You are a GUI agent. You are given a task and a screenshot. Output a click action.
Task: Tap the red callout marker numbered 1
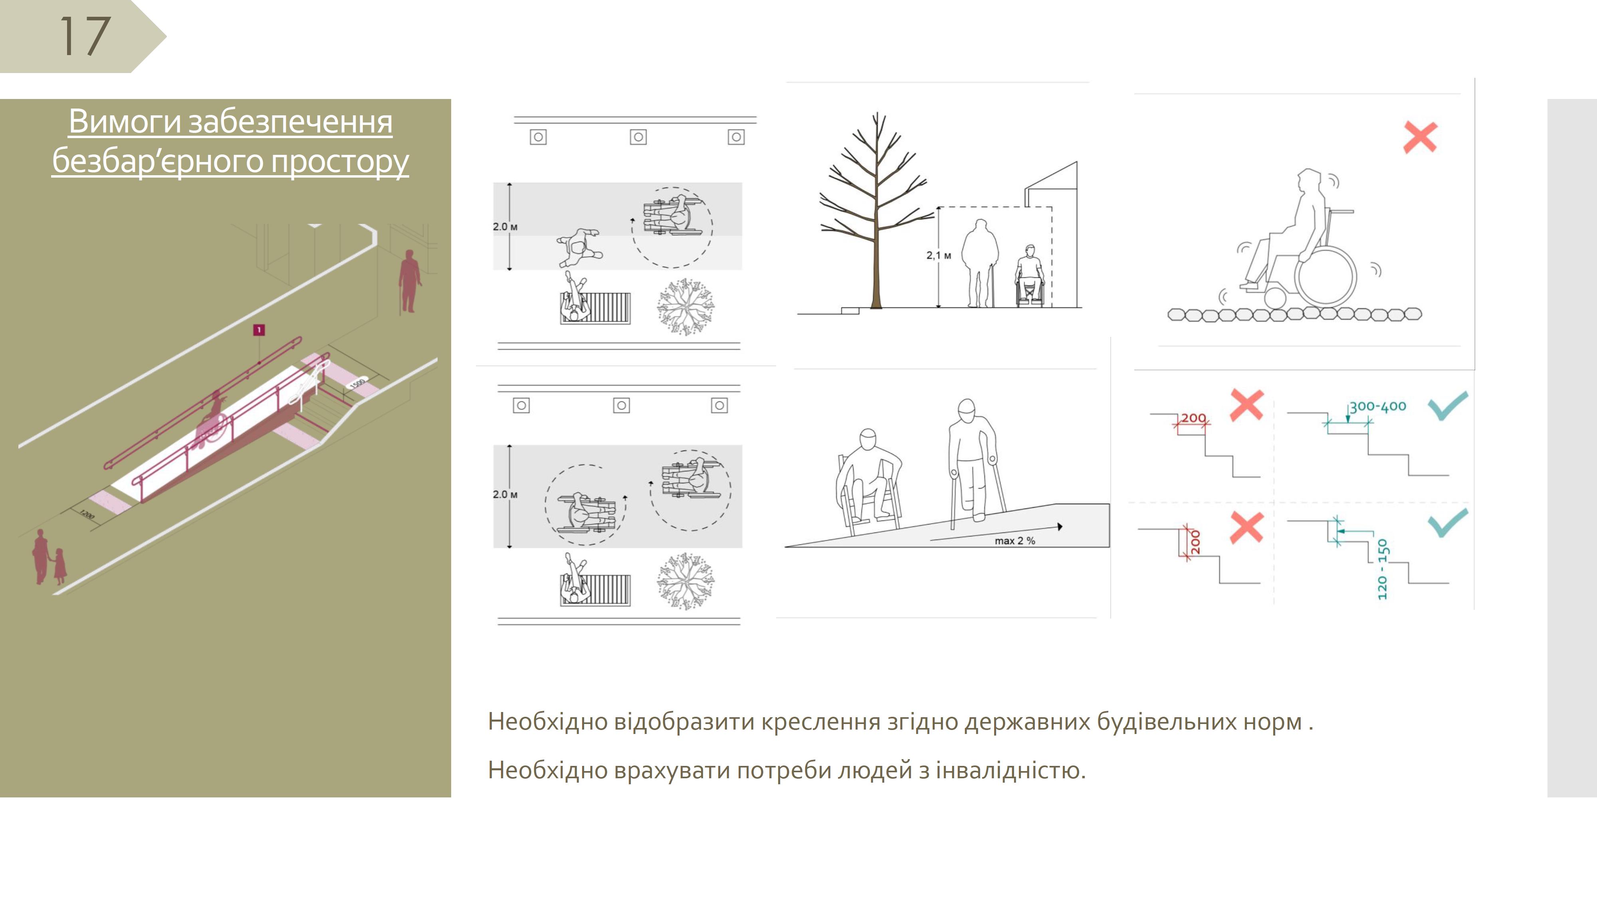coord(259,330)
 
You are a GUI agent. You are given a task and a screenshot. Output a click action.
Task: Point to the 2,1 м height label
coord(939,255)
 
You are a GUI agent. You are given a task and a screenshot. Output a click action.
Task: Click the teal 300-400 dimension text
coord(1377,407)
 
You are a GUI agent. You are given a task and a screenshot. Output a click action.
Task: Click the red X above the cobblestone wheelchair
coord(1420,137)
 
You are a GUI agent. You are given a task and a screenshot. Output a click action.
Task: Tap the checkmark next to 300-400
coord(1448,405)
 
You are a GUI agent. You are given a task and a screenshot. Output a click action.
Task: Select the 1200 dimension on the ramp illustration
coord(87,514)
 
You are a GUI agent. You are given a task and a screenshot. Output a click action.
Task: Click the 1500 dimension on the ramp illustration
coord(358,384)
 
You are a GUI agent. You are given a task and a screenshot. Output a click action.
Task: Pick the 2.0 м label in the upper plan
coord(505,227)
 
